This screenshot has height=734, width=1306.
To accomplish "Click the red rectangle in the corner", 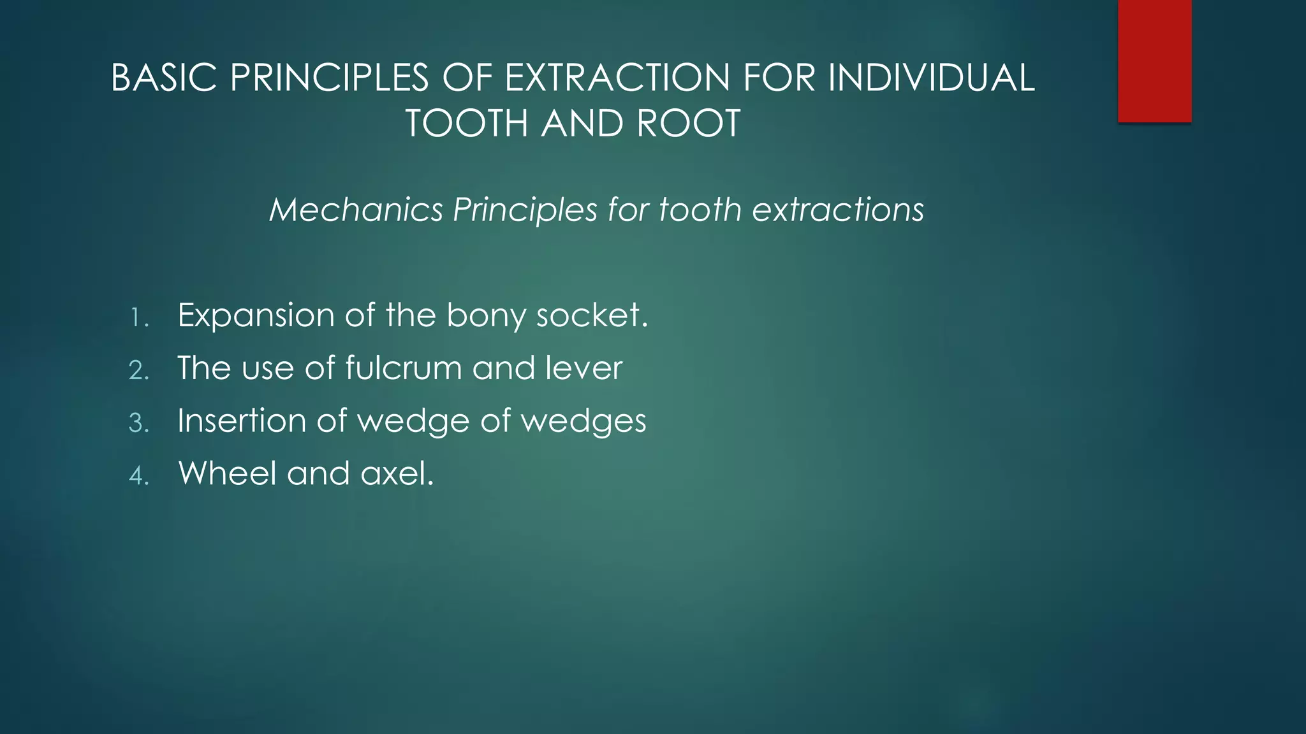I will point(1154,61).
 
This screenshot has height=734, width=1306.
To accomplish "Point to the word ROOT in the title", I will point(688,123).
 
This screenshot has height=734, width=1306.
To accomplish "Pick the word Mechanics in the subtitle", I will point(356,210).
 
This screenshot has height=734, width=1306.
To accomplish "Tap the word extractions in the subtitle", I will point(838,210).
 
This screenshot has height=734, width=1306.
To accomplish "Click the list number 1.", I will point(138,318).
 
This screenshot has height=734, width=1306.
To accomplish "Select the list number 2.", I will point(138,371).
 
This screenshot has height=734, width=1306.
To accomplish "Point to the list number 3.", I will point(138,424).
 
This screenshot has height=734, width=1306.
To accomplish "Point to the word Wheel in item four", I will point(227,474).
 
